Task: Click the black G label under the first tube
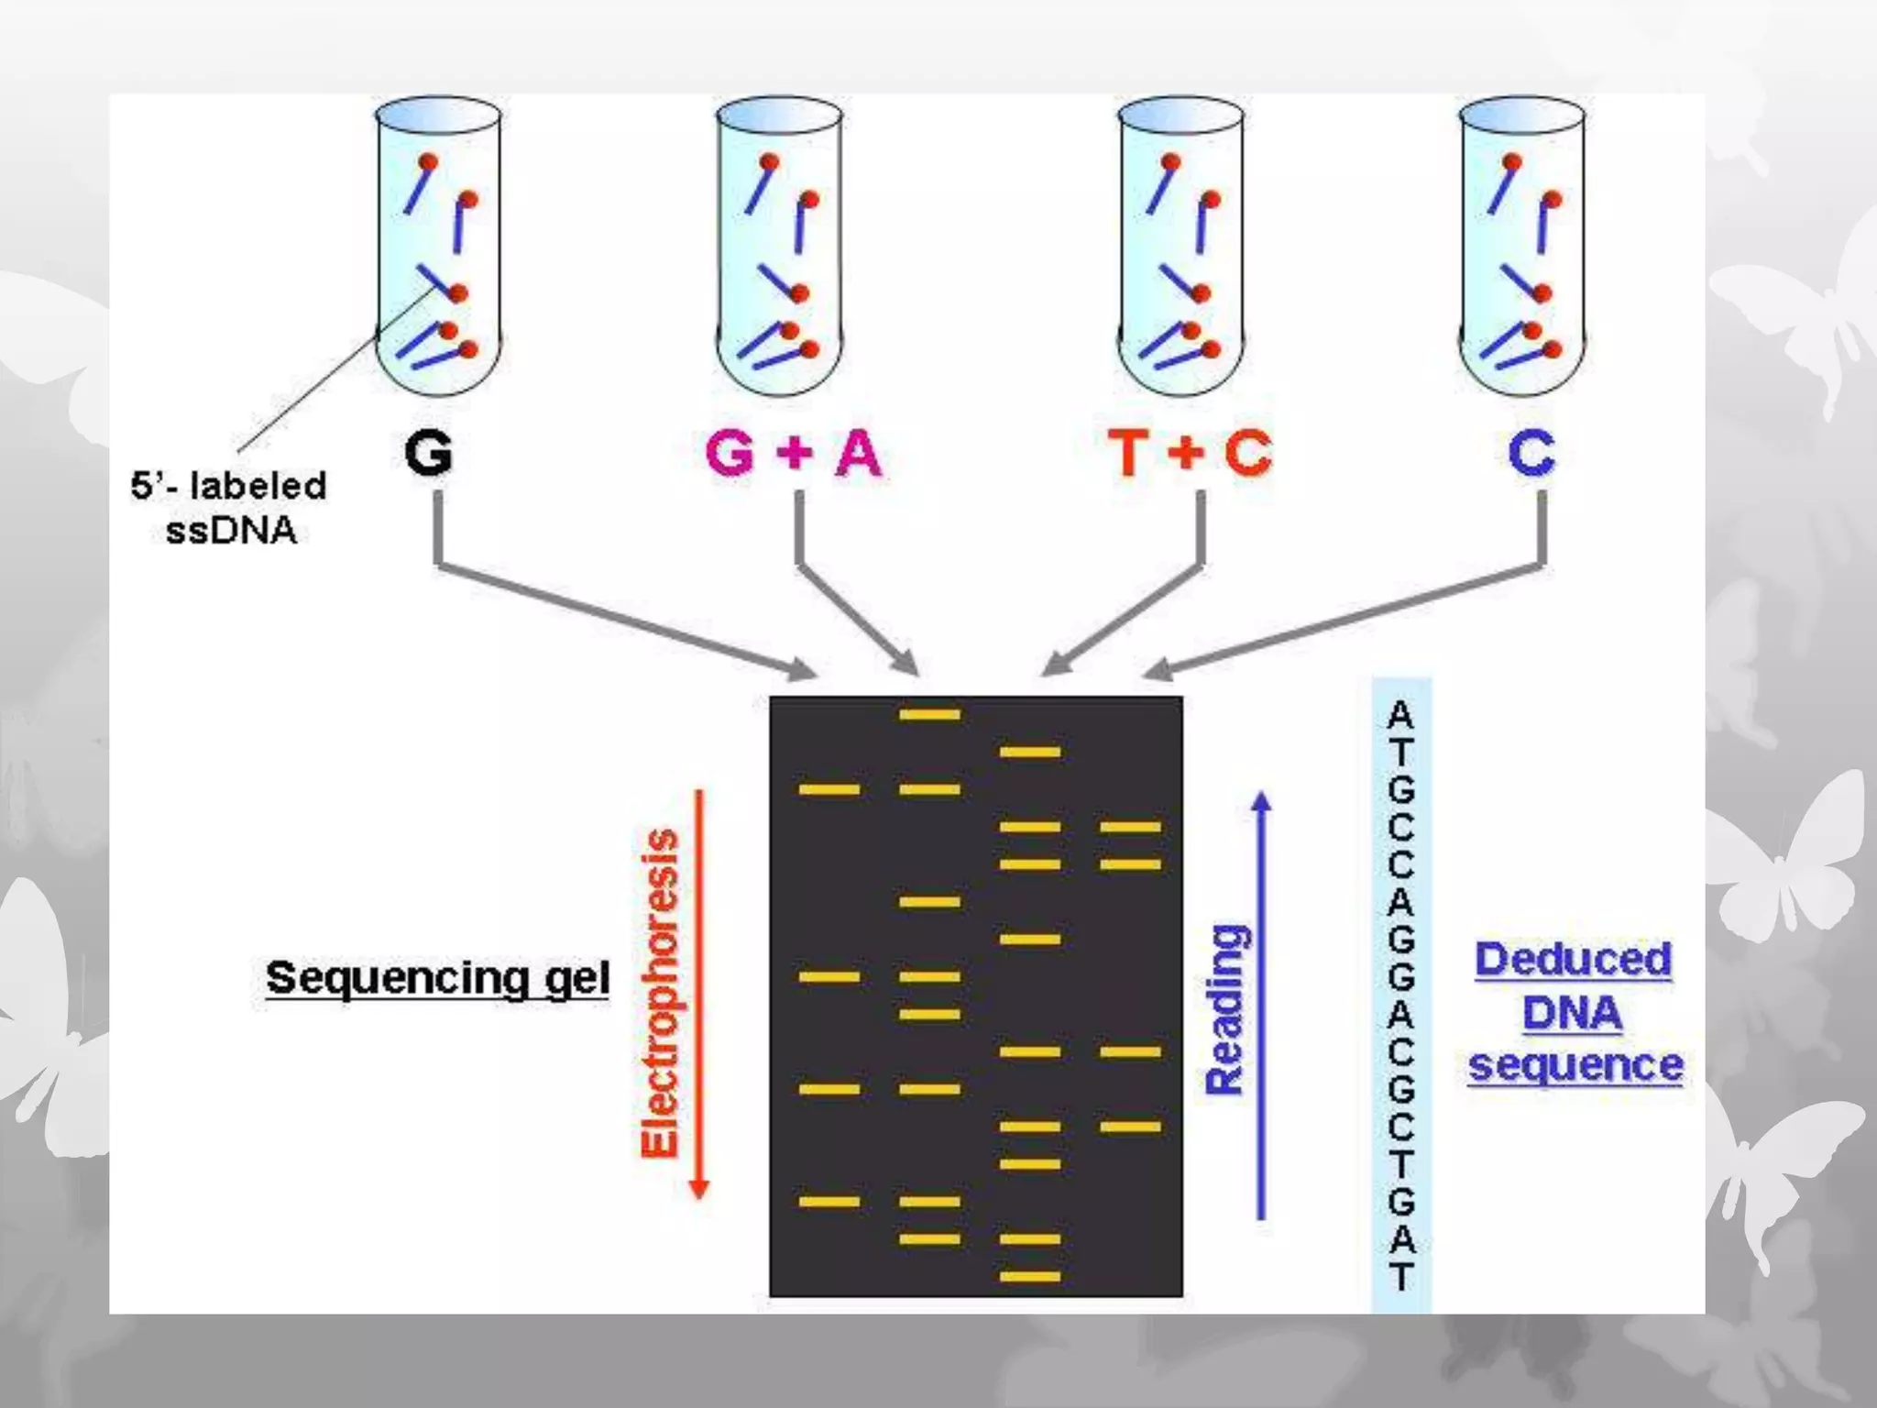pos(428,453)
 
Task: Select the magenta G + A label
pos(794,453)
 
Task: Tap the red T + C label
pos(1190,453)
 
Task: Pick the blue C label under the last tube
pos(1531,453)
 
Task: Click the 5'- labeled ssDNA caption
pos(229,508)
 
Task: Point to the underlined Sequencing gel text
pos(437,978)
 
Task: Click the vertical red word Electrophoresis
pos(660,994)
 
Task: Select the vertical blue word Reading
pos(1226,1009)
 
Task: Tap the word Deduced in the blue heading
pos(1573,960)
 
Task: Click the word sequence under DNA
pos(1575,1065)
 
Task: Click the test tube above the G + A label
pos(779,247)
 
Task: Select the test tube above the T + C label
pos(1181,247)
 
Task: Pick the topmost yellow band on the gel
pos(929,714)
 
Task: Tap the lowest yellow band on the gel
pos(1029,1276)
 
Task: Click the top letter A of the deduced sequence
pos(1400,715)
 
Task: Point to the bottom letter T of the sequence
pos(1400,1276)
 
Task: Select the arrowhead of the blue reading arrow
pos(1262,801)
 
